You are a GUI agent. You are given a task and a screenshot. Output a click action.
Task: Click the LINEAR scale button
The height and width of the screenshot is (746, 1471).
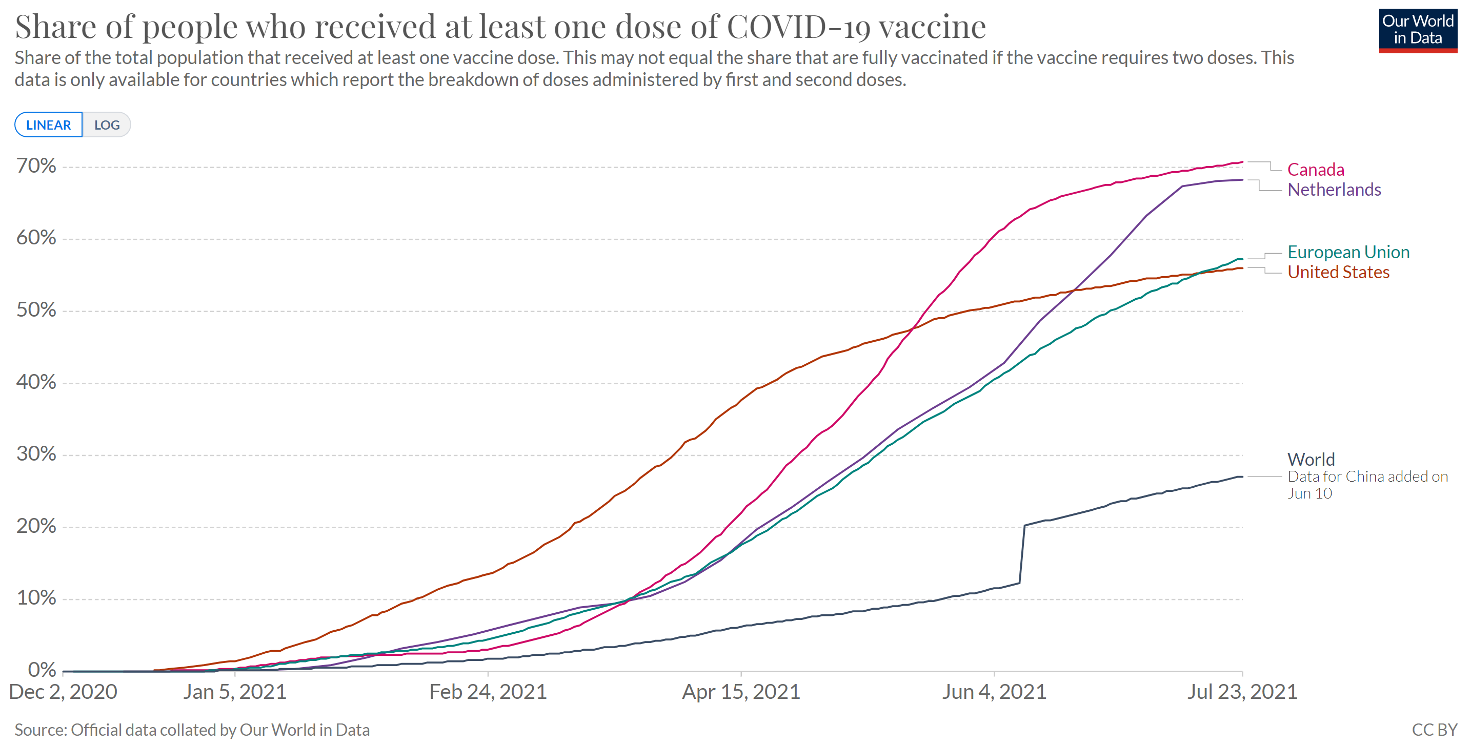(49, 125)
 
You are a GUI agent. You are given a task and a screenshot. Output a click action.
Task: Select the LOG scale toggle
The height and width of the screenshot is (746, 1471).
(107, 125)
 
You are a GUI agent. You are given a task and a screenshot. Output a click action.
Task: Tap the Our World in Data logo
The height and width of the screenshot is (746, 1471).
(1417, 30)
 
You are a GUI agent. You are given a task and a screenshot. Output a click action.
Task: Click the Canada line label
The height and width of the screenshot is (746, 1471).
(1315, 170)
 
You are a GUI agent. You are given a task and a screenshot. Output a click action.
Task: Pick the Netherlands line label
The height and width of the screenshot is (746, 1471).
(1334, 190)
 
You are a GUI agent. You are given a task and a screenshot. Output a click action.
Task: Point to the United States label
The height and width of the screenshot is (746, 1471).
(1338, 272)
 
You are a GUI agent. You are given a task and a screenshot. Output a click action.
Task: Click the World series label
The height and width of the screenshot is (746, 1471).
(1311, 460)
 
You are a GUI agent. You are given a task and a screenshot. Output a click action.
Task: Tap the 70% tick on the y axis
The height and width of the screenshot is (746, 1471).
(36, 166)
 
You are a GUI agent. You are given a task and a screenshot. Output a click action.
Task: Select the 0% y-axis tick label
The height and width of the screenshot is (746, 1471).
(42, 670)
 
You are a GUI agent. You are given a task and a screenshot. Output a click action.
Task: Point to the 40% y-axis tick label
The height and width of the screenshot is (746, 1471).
(36, 382)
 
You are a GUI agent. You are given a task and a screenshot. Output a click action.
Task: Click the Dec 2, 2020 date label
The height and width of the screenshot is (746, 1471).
(63, 692)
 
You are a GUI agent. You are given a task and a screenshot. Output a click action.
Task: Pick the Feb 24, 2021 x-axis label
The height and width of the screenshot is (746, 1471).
(488, 692)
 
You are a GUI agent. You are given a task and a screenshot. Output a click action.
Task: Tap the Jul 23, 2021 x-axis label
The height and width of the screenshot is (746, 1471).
(1242, 692)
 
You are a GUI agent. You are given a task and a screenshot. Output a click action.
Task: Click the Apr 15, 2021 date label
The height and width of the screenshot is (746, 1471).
(741, 692)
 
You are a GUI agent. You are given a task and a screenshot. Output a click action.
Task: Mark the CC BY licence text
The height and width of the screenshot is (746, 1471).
(1434, 730)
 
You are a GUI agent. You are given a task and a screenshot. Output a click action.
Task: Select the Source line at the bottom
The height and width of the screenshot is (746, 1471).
(192, 730)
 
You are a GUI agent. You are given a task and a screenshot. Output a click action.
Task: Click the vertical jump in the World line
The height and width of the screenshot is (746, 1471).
(1021, 554)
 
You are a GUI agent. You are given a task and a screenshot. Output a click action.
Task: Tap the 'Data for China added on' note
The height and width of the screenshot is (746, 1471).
(1367, 476)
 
